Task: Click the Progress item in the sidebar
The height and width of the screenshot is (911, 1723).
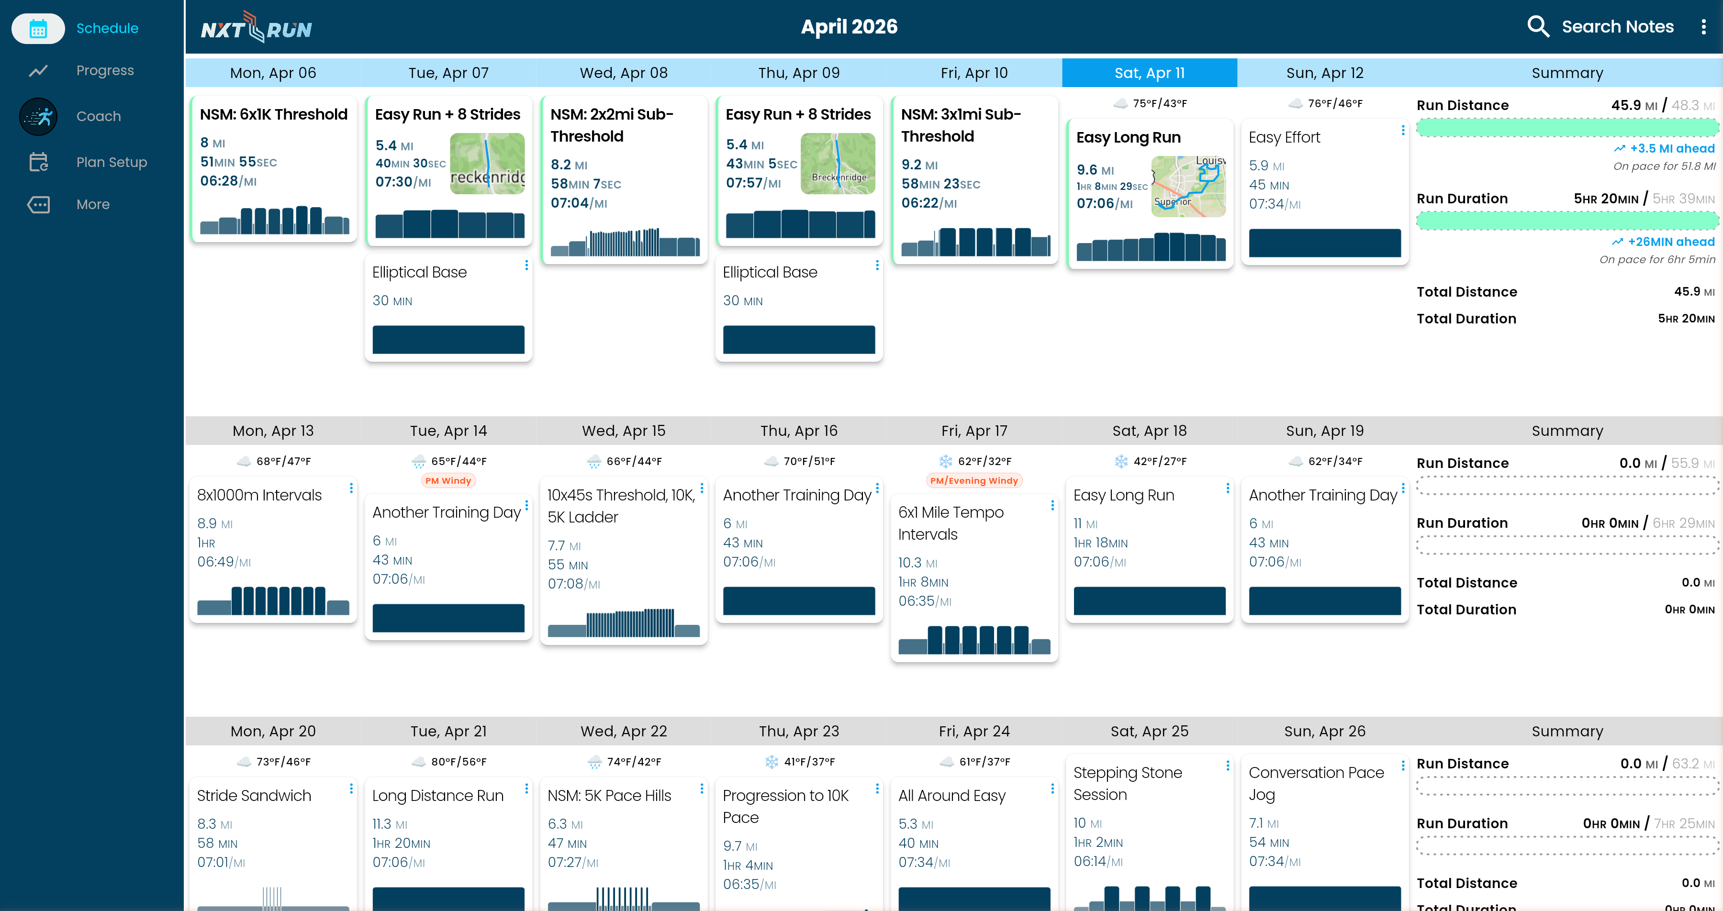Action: [104, 70]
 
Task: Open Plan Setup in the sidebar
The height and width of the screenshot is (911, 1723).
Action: [111, 162]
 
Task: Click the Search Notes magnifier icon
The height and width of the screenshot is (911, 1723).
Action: [1538, 27]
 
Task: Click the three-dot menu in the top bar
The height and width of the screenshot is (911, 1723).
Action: [1703, 27]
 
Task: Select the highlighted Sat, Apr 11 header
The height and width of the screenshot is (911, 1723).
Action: [1149, 73]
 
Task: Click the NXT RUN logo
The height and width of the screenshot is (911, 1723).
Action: [256, 28]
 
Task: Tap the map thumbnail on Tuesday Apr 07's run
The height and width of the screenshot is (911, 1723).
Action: [487, 163]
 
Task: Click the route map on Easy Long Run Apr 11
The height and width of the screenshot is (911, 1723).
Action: [1188, 186]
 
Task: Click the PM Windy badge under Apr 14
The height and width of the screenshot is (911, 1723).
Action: [448, 480]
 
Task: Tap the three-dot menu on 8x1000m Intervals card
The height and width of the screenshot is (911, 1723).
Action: [351, 488]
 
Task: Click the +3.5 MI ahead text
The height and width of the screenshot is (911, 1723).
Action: [1671, 148]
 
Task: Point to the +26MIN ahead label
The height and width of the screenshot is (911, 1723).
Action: [1670, 242]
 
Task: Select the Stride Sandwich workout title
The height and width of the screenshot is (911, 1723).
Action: [254, 795]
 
